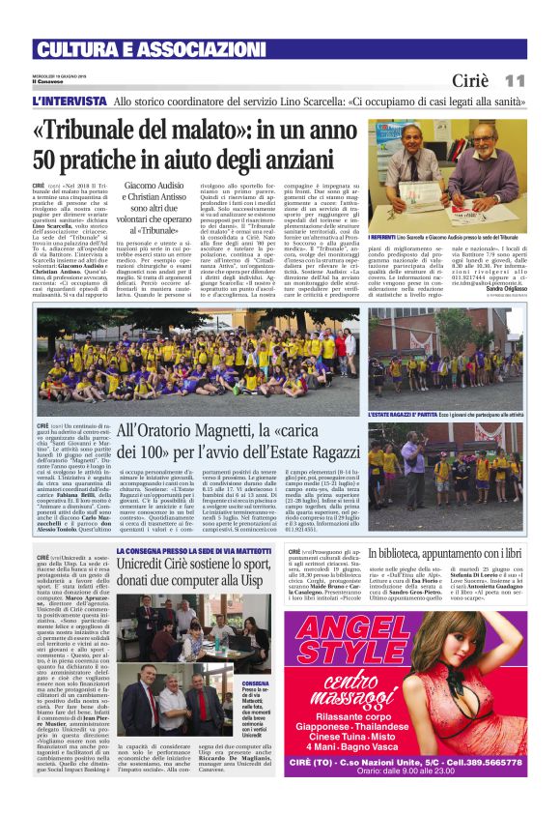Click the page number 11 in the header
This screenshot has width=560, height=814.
[x=514, y=80]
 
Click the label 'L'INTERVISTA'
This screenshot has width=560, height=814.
[x=68, y=101]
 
